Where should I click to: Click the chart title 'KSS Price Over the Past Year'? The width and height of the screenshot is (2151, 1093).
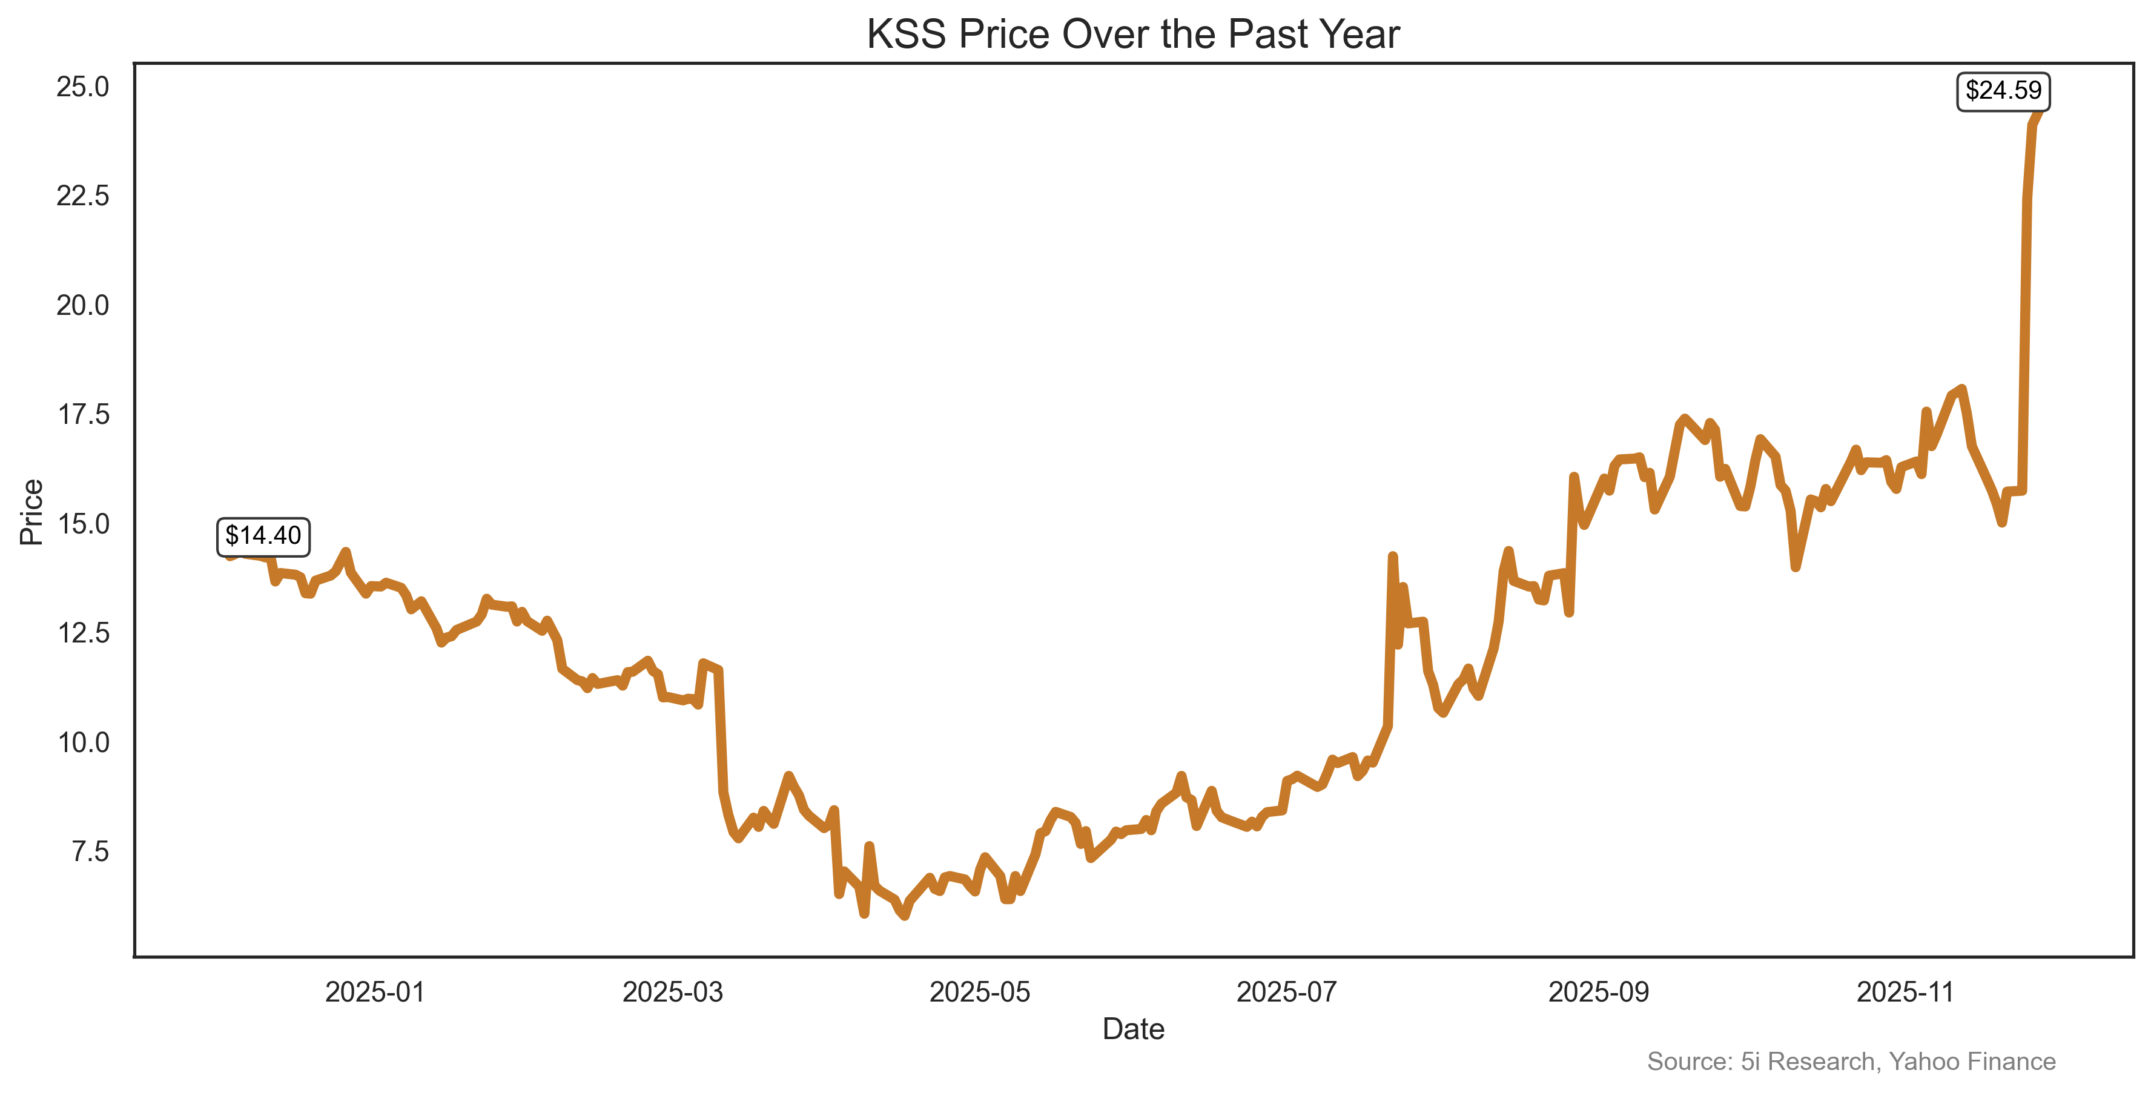[1132, 35]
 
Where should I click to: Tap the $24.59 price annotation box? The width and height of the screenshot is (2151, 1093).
[2003, 90]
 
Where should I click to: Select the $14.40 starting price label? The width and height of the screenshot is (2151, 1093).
[263, 535]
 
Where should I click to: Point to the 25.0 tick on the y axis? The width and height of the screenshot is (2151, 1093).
[83, 87]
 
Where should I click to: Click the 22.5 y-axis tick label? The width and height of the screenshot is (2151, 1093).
[83, 196]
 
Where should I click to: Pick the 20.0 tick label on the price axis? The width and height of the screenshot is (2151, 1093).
[83, 306]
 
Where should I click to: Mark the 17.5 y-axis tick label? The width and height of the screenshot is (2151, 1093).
[83, 414]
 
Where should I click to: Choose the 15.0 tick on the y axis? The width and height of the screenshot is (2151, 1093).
[83, 524]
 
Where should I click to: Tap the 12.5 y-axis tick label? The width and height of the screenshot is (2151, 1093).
[83, 633]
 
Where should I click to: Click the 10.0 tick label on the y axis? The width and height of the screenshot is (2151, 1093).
[83, 742]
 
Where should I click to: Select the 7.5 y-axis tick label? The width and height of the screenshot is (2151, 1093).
[90, 851]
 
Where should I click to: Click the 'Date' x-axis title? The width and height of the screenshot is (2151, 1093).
[1132, 1029]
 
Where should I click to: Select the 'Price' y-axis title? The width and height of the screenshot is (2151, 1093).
[31, 512]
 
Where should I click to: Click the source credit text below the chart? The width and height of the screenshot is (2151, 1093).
[1851, 1062]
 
